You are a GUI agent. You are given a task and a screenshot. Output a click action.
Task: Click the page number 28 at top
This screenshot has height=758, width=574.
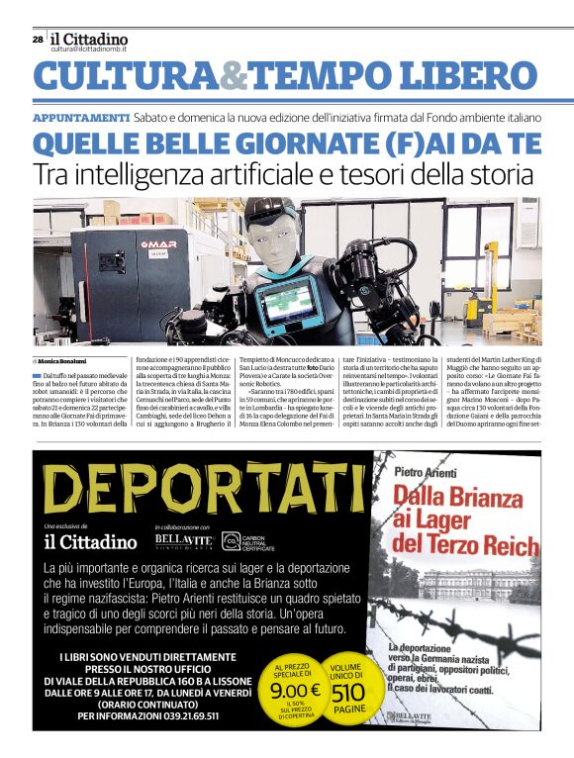coord(37,40)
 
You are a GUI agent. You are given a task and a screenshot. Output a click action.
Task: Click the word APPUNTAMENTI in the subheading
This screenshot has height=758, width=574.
coord(80,118)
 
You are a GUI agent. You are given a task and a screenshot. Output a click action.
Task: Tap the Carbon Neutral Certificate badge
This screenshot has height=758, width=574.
coord(248,541)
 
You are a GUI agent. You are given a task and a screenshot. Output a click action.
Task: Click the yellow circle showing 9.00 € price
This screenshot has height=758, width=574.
coord(295,691)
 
